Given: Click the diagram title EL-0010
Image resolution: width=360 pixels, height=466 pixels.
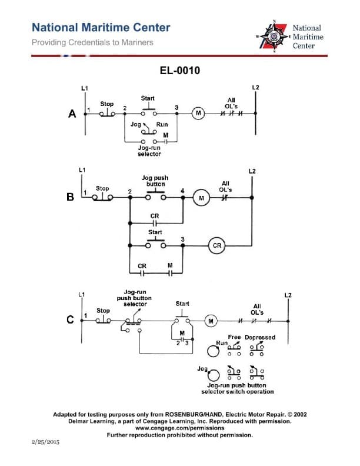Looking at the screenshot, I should pyautogui.click(x=180, y=71).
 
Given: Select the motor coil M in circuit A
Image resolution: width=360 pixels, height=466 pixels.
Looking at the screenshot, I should pyautogui.click(x=198, y=114).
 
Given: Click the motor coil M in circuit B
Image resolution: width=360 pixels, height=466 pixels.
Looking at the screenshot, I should pyautogui.click(x=202, y=198).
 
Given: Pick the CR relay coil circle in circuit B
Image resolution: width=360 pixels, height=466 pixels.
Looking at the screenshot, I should pyautogui.click(x=216, y=245).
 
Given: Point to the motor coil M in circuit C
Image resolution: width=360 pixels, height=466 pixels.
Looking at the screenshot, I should pyautogui.click(x=211, y=321).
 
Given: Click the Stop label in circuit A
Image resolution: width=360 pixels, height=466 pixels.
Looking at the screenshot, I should pyautogui.click(x=106, y=104).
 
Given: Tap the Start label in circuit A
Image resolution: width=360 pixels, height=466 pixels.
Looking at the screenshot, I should pyautogui.click(x=148, y=98).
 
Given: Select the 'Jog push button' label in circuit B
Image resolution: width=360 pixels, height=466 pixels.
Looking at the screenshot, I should pyautogui.click(x=155, y=181).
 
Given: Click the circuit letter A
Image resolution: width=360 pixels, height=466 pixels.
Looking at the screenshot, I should pyautogui.click(x=72, y=114).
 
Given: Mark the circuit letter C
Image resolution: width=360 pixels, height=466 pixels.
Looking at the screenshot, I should pyautogui.click(x=70, y=320).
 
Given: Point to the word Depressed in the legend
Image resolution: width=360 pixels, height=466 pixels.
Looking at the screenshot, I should pyautogui.click(x=259, y=337).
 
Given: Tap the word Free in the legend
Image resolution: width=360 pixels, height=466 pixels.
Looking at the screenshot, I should pyautogui.click(x=234, y=337).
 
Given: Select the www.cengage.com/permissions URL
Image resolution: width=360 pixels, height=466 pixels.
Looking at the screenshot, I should pyautogui.click(x=179, y=428).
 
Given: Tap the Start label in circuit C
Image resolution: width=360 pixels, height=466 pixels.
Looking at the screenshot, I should pyautogui.click(x=182, y=304).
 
